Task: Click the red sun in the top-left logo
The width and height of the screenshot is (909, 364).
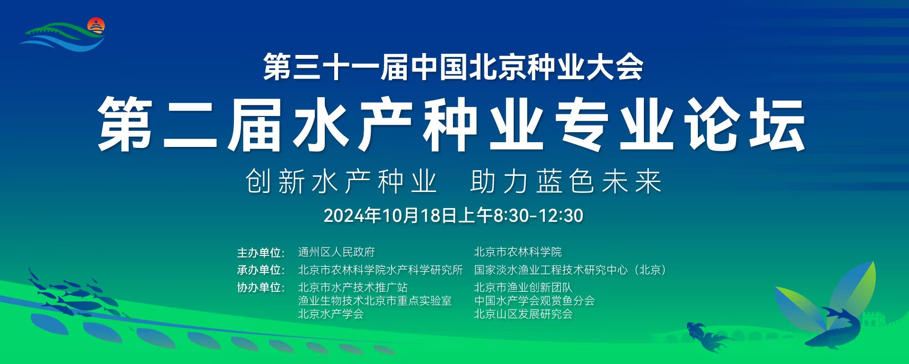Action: pos(96,25)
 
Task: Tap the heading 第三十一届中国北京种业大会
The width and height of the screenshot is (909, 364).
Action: pos(453,67)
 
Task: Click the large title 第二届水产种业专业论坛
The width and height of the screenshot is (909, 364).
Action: pos(452,125)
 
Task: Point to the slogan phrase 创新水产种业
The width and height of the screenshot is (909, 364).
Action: pos(341,182)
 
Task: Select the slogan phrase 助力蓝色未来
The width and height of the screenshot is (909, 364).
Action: pos(566,182)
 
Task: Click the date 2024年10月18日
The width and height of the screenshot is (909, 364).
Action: pos(390,216)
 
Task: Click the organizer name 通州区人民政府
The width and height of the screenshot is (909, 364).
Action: pos(337,252)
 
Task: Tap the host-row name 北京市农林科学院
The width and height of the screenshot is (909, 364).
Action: pos(518,252)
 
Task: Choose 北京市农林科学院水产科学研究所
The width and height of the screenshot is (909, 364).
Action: pos(381,270)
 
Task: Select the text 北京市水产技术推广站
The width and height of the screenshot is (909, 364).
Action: pos(353,288)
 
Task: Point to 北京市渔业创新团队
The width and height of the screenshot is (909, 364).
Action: pos(524,288)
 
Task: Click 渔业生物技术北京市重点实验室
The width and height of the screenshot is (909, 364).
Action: pos(375,301)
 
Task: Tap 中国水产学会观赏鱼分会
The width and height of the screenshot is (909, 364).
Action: pos(535,301)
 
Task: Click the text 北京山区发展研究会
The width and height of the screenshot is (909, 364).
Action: pos(524,314)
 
